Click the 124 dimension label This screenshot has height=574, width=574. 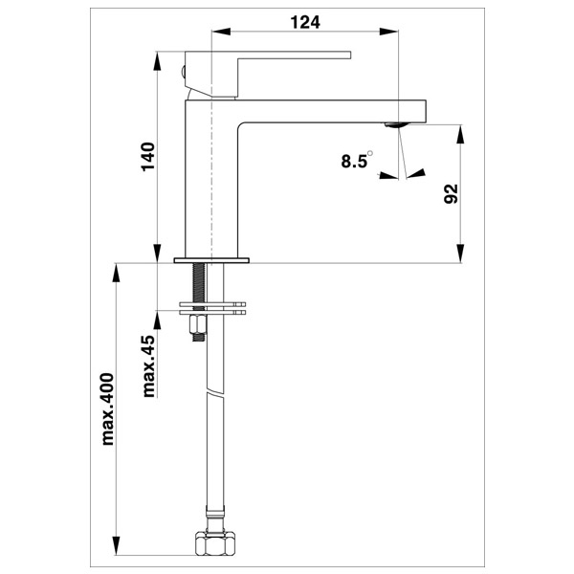pyautogui.click(x=305, y=22)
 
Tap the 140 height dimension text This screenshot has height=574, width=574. pyautogui.click(x=148, y=157)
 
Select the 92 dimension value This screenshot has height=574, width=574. pyautogui.click(x=451, y=193)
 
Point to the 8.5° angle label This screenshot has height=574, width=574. pyautogui.click(x=357, y=160)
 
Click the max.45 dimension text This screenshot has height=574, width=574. pyautogui.click(x=148, y=365)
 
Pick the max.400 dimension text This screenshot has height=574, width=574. pyautogui.click(x=107, y=408)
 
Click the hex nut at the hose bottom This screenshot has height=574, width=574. pyautogui.click(x=214, y=542)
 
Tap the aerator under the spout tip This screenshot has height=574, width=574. pyautogui.click(x=396, y=125)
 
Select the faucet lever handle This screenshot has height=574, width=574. pyautogui.click(x=268, y=75)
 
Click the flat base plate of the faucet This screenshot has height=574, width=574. pyautogui.click(x=211, y=260)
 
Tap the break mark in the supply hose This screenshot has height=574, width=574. pyautogui.click(x=214, y=390)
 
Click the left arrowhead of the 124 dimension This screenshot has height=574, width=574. pyautogui.click(x=221, y=32)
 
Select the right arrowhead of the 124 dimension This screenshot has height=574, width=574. pyautogui.click(x=388, y=32)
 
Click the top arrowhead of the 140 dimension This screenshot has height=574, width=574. pyautogui.click(x=157, y=60)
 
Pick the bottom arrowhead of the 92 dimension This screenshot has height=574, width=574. pyautogui.click(x=461, y=254)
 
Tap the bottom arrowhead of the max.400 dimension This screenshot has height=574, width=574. pyautogui.click(x=116, y=546)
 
